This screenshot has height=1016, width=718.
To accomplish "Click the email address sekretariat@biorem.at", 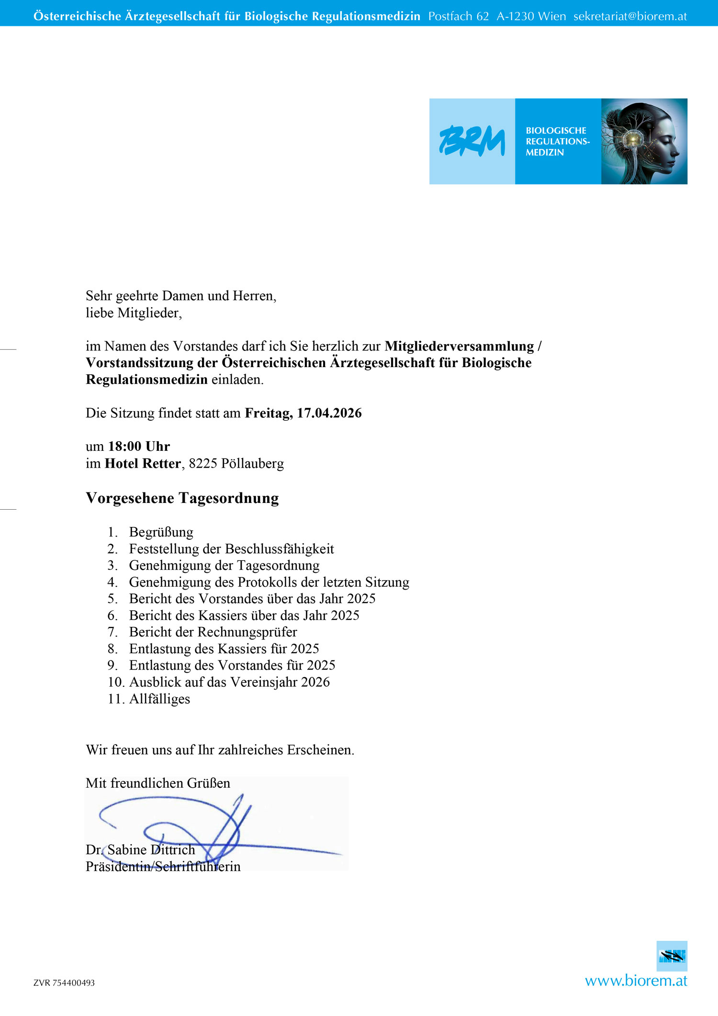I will (x=630, y=16).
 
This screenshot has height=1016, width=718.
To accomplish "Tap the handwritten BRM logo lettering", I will (x=472, y=142).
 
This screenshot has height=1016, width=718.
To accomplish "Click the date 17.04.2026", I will (x=329, y=413).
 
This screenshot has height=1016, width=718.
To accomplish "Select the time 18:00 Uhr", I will (x=139, y=447).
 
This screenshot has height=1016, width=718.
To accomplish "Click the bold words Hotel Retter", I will (x=143, y=463).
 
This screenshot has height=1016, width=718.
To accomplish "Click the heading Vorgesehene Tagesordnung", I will (x=182, y=498).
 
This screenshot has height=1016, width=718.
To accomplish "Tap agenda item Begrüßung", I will (x=161, y=532).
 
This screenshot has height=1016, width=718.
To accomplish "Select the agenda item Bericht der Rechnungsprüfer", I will (x=213, y=632).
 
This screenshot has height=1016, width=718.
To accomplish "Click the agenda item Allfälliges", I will (x=159, y=699).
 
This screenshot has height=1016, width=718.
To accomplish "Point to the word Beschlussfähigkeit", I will (x=280, y=549).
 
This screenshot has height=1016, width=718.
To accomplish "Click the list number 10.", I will (x=115, y=682).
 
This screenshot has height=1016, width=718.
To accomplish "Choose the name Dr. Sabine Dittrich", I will (x=140, y=849).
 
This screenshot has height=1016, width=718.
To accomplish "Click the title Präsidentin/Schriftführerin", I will (x=163, y=866).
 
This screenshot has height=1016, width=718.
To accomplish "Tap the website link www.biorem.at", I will (x=636, y=981).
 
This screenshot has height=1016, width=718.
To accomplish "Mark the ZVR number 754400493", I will (x=73, y=983).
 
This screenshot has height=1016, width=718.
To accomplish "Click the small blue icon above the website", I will (x=672, y=956).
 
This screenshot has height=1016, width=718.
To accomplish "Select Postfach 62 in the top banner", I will (x=459, y=16).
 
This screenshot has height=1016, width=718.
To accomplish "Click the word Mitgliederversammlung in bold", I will (x=459, y=346).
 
